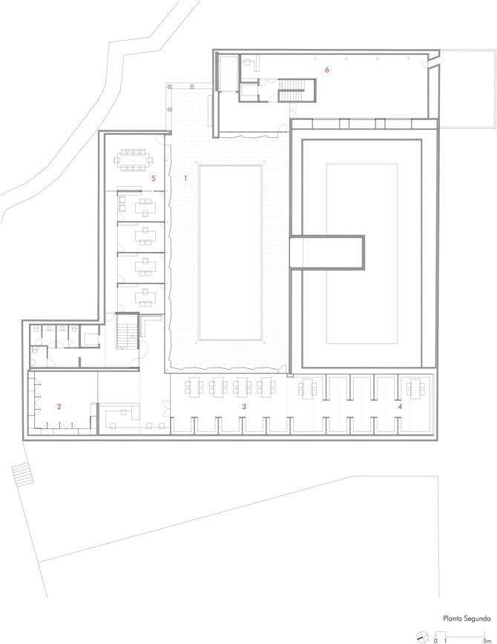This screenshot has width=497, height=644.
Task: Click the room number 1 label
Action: tap(185, 179)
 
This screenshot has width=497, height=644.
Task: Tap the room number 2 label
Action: tap(59, 407)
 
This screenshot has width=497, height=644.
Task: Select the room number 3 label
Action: tap(244, 407)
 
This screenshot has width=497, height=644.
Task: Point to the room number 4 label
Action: tap(400, 407)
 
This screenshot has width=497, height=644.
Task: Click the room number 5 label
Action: tap(154, 179)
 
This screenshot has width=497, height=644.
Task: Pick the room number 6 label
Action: tap(327, 70)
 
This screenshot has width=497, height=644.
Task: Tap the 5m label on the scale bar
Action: tap(487, 640)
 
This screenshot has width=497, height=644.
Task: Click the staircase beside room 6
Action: tap(292, 90)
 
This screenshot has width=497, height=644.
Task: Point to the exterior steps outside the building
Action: tap(22, 474)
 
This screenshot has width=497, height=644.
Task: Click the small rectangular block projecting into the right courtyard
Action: tap(327, 252)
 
